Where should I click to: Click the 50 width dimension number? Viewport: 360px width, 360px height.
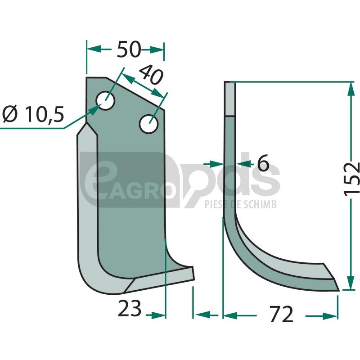[129, 49]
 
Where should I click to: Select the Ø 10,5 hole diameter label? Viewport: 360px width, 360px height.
[33, 114]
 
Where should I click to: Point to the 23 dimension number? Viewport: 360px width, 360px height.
[129, 308]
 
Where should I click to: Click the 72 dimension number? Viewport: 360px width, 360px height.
[282, 314]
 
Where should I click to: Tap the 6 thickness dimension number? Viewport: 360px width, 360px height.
[263, 162]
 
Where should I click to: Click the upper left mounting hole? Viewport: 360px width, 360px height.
[106, 100]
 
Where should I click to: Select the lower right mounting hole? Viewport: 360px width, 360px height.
[149, 124]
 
